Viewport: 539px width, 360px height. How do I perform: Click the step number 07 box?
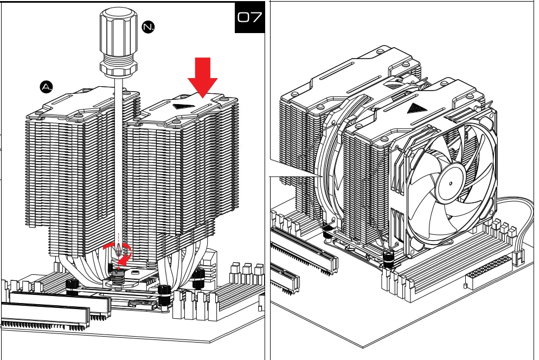[249, 18]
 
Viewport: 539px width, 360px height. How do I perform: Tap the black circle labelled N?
[148, 27]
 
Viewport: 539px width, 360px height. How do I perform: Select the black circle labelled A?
[47, 86]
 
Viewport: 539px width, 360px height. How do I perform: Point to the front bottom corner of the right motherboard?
[368, 347]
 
